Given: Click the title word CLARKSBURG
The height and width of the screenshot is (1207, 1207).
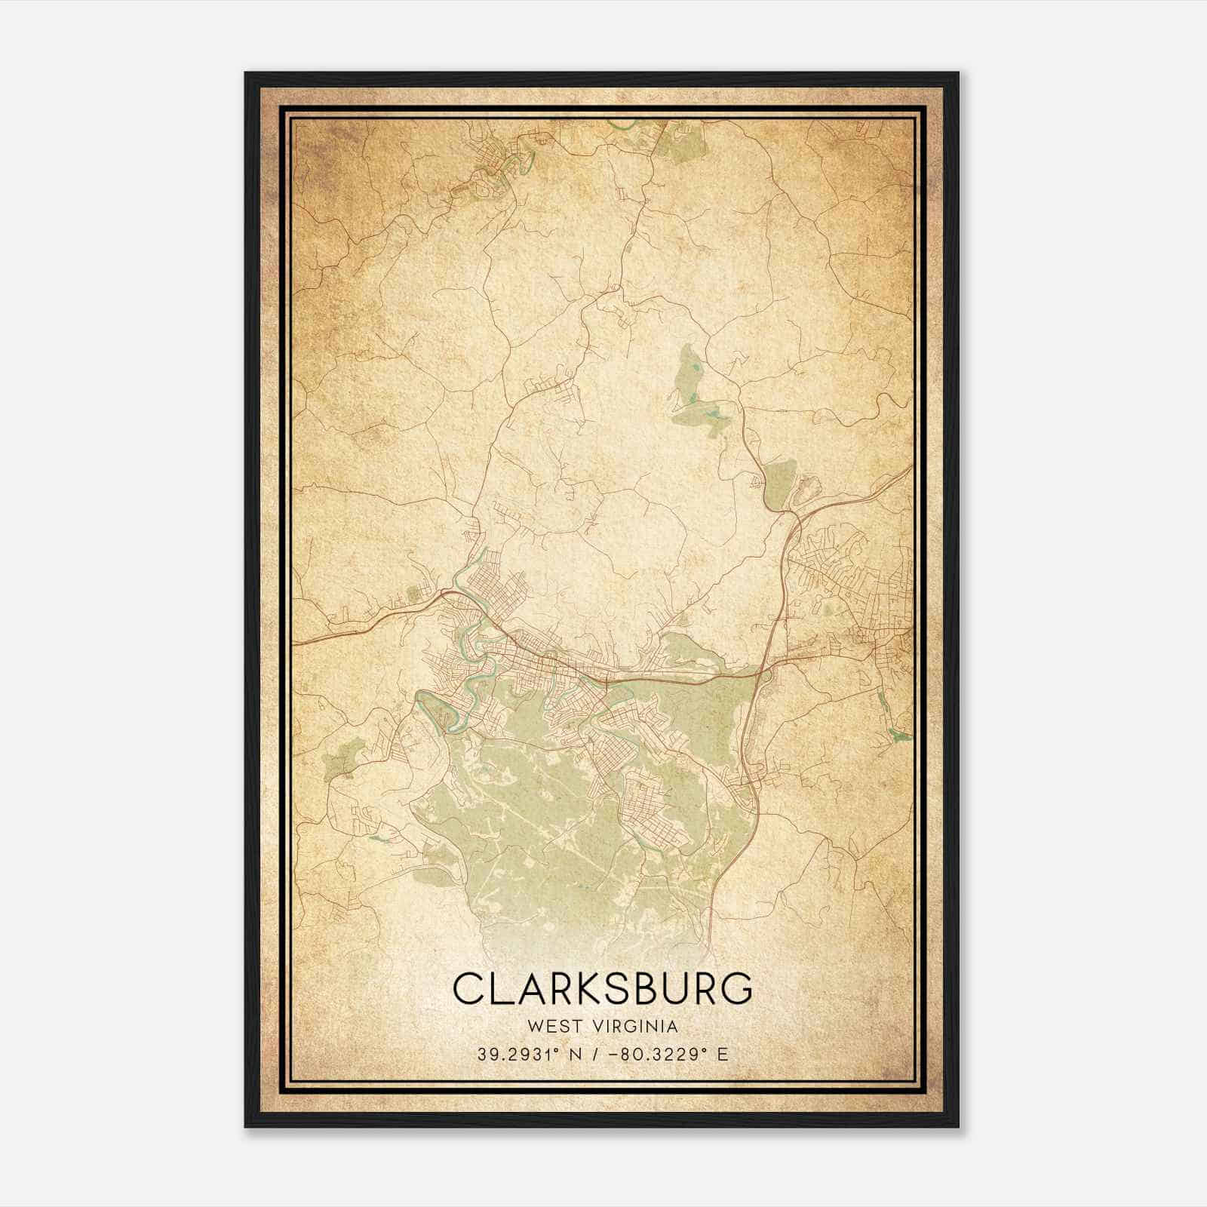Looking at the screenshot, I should pos(603,989).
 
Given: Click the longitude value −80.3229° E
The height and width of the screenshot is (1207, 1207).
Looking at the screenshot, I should pos(662,1055).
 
